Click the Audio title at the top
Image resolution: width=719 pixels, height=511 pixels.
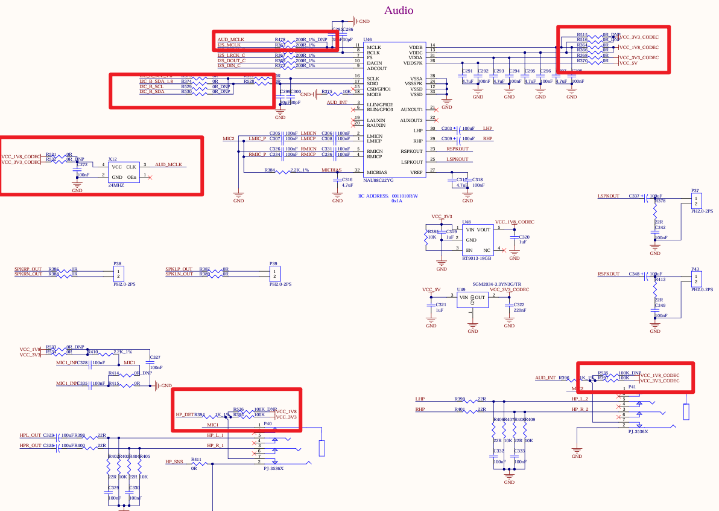[399, 10]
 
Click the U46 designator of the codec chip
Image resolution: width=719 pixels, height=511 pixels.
[367, 39]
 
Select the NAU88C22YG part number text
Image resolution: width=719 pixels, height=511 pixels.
[378, 180]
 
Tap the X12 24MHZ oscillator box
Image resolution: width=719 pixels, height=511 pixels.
[124, 171]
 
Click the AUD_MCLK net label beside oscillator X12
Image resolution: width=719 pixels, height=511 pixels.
[168, 165]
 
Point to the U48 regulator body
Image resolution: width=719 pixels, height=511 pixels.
[477, 239]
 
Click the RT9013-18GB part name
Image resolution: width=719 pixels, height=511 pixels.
[477, 257]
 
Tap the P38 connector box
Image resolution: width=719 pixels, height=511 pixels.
[118, 273]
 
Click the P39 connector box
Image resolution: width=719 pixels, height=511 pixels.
[274, 273]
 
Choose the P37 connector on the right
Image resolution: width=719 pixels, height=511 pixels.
[696, 200]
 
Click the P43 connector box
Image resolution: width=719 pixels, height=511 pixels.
[696, 279]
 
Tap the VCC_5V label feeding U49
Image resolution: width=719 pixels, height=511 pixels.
[431, 290]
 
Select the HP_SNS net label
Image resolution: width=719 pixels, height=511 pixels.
[174, 462]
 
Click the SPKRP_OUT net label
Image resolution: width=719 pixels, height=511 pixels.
[28, 269]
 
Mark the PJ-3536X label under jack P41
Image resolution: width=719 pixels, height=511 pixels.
[638, 432]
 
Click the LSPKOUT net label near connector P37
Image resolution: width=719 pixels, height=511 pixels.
[608, 196]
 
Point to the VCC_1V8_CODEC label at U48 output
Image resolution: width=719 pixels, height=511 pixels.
[514, 222]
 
